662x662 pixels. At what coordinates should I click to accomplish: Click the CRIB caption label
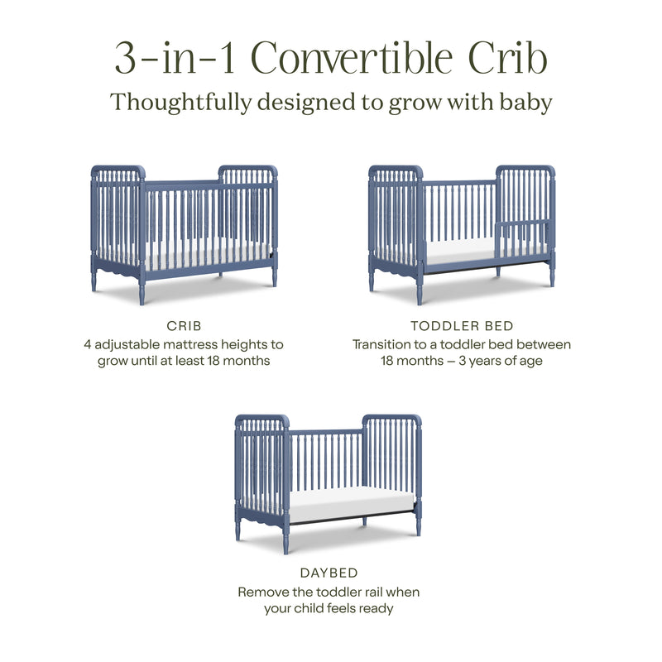coord(184,326)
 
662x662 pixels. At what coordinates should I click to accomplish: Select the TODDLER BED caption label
coord(462,326)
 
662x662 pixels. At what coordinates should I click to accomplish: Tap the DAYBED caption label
coord(329,572)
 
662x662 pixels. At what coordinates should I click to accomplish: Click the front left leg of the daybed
coord(237,527)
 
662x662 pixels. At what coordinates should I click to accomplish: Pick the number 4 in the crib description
coord(87,344)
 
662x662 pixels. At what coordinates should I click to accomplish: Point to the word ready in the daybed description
coord(372,609)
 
